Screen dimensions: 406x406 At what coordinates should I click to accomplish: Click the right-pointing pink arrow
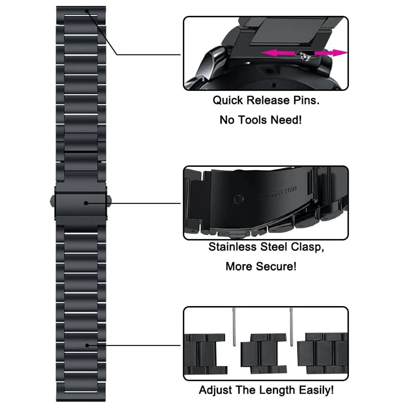331,53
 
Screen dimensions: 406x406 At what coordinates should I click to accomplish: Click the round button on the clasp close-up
238,199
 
